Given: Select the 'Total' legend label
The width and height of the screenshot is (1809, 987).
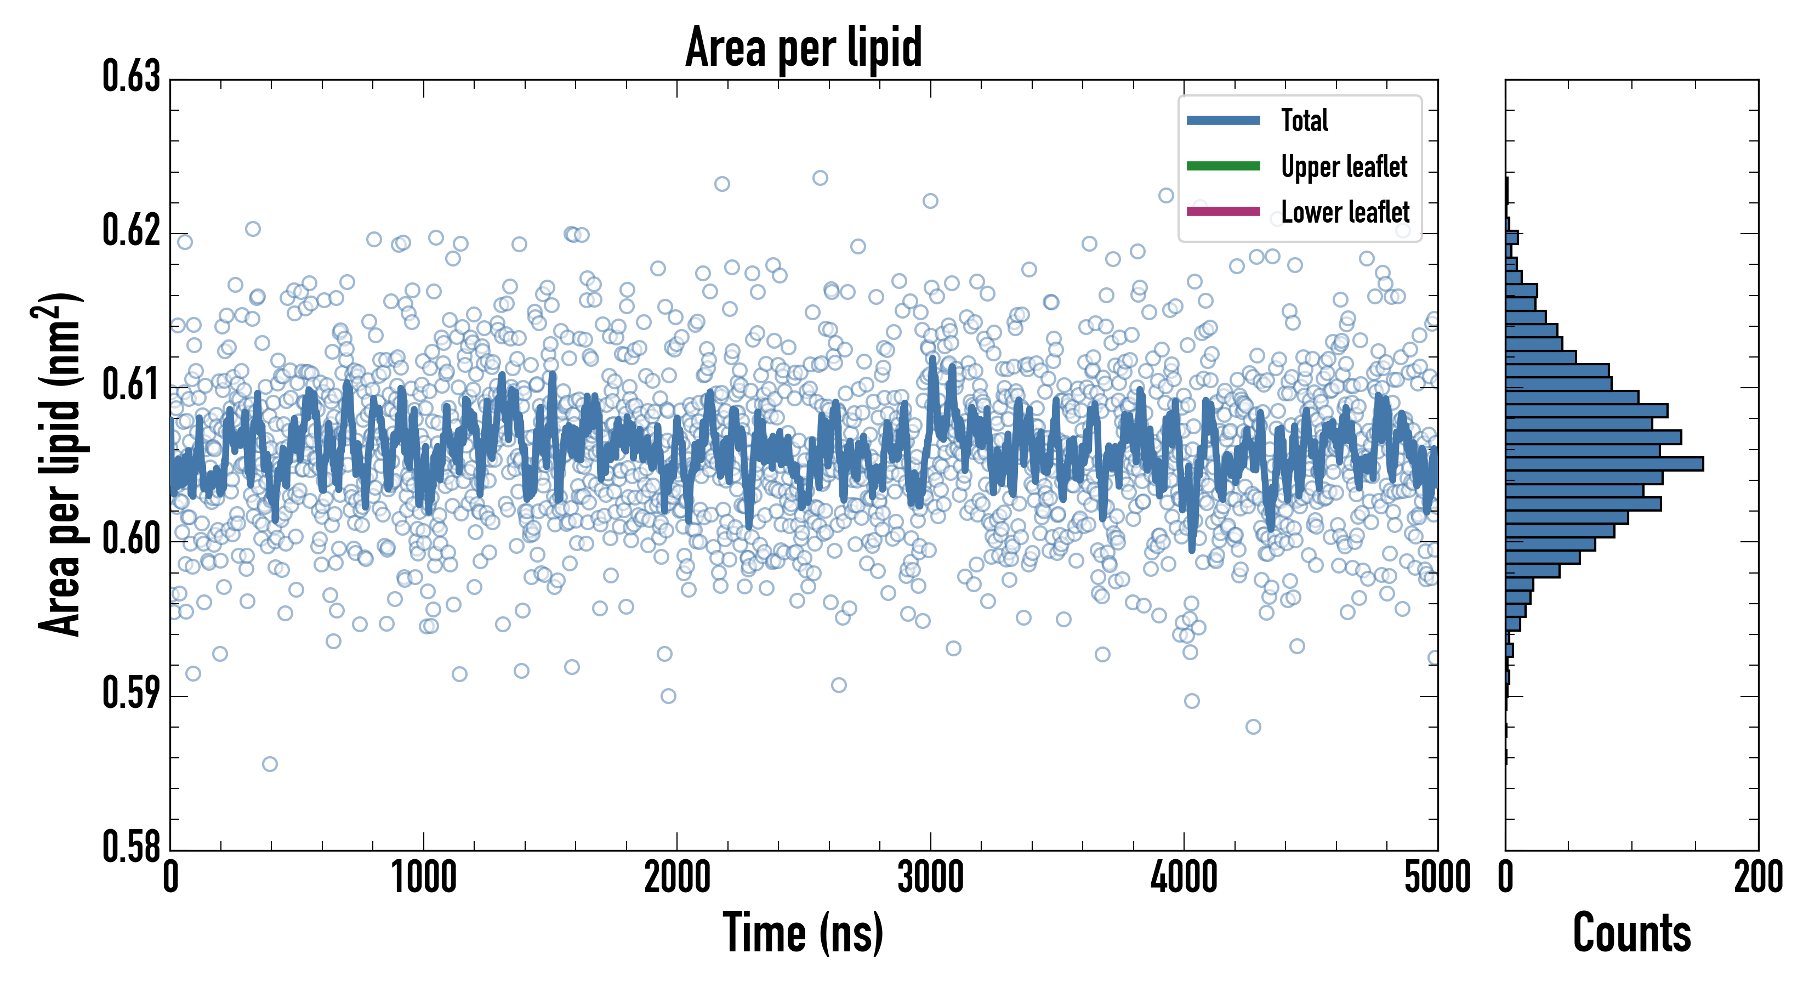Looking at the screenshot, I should [1304, 121].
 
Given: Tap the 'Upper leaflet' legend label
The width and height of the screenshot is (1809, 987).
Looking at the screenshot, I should [1344, 167].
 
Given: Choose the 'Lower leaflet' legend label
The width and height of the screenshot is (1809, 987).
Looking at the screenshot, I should [1345, 212].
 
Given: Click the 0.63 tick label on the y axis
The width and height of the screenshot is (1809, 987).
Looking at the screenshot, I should [132, 77].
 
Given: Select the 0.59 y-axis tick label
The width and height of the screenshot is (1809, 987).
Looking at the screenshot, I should [132, 693].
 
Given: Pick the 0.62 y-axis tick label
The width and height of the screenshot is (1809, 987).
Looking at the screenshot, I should [132, 230].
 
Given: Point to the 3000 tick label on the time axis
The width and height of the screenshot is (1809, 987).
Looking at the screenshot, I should [930, 878].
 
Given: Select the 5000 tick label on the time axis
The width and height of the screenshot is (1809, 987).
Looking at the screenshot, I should [1437, 878].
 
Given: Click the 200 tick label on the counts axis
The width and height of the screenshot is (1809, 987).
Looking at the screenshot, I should [1757, 878].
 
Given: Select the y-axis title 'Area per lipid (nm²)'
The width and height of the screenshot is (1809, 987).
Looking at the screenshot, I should [60, 464].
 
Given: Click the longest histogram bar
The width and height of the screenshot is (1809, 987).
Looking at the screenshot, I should [1604, 464].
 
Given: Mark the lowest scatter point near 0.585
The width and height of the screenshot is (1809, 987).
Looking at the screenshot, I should [270, 764].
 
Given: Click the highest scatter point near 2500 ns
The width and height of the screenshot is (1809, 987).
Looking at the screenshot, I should [820, 178].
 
